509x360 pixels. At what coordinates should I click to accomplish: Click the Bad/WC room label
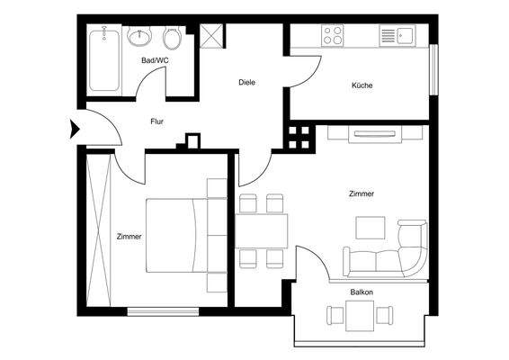[155, 60]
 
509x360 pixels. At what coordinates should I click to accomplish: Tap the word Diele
[246, 82]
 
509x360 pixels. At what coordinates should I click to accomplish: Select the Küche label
[362, 85]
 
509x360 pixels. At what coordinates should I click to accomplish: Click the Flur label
[156, 120]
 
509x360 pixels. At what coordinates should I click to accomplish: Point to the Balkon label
[362, 292]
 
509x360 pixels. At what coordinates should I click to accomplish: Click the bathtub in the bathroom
[104, 58]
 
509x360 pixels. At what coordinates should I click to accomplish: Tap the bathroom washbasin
[140, 39]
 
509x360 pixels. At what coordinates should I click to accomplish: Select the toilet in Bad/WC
[174, 40]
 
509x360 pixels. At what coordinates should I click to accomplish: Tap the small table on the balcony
[362, 316]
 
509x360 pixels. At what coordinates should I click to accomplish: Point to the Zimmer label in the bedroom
[129, 237]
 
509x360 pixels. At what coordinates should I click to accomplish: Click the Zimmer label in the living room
[362, 193]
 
